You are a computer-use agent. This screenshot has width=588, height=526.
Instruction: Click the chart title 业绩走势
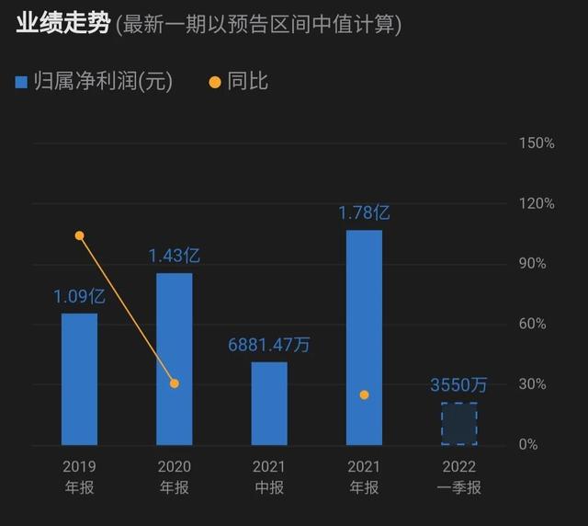[62, 24]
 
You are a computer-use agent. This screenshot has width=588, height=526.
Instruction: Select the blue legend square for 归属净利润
[22, 82]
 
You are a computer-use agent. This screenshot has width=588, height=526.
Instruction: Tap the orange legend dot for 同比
[215, 82]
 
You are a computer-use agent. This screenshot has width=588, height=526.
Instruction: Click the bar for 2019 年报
[79, 379]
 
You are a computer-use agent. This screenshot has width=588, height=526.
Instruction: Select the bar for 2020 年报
[175, 359]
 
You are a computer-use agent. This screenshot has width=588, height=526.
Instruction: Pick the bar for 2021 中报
[269, 403]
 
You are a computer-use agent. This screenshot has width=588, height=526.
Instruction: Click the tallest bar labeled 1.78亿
[364, 337]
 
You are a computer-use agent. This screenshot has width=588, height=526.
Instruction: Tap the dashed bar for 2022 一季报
[458, 423]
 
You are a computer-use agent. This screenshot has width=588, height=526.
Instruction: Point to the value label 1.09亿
[79, 297]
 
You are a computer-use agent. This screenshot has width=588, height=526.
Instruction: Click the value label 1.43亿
[175, 256]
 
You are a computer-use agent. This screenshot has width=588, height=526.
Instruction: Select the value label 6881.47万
[269, 345]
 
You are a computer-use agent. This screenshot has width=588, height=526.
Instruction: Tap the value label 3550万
[458, 385]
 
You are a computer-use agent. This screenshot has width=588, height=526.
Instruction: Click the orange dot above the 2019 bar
[79, 236]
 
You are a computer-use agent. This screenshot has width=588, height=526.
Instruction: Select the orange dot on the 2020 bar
[175, 383]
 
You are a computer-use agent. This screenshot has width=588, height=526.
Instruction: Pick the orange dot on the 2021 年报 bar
[364, 394]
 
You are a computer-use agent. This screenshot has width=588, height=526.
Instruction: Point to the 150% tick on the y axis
[537, 143]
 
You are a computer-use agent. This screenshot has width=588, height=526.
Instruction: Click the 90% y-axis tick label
[534, 264]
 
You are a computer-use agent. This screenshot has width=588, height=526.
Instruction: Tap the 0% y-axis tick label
[529, 445]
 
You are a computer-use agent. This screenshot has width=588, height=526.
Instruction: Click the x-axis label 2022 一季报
[458, 477]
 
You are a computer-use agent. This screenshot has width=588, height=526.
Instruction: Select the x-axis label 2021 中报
[269, 477]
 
